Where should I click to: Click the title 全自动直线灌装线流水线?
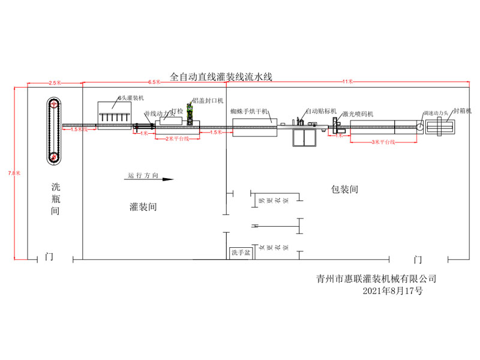coord(221,77)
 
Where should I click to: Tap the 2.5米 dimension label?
coord(54,82)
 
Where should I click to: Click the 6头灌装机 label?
coord(131,97)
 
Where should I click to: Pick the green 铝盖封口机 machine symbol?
coord(190,114)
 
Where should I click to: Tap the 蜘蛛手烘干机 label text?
coord(250,112)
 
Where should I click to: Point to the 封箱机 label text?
coord(462,111)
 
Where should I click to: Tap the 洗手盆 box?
coord(241,253)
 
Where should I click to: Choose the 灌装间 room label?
coord(143,206)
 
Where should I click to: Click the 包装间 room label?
coord(344,189)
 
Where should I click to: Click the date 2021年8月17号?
coord(393,290)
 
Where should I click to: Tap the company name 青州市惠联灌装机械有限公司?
coord(376,278)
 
